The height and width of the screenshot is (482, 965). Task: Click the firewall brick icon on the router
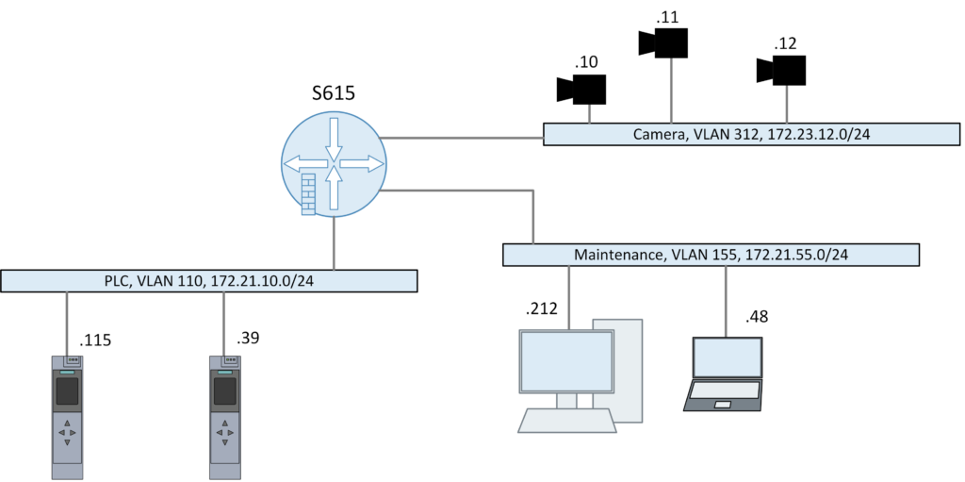tap(307, 194)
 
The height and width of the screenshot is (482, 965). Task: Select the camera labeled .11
tap(664, 42)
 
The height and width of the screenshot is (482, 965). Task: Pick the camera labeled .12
tap(782, 70)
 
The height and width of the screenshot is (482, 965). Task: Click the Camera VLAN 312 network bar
tap(751, 135)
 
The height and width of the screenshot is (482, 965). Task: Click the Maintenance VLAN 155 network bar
tap(711, 255)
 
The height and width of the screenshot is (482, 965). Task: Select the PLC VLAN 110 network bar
tap(208, 281)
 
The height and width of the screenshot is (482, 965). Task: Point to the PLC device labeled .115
tap(67, 415)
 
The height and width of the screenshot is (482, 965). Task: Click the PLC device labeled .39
tap(224, 415)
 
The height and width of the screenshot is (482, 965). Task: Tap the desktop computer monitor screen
tap(565, 360)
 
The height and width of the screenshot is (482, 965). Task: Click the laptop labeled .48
tap(727, 374)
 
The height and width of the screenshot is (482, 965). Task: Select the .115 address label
tap(96, 341)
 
